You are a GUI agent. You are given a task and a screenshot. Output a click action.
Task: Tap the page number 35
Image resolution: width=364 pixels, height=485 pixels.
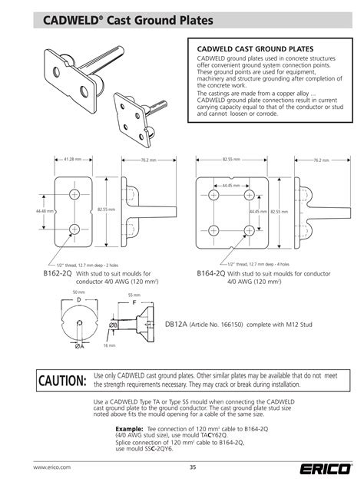[192, 467]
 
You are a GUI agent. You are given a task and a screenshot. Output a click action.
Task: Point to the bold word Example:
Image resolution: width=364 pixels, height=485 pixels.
[129, 427]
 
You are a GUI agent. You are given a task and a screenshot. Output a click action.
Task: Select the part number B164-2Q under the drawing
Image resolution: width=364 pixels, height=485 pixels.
[210, 273]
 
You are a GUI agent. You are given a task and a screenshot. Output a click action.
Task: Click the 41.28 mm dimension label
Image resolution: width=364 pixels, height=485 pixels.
[74, 159]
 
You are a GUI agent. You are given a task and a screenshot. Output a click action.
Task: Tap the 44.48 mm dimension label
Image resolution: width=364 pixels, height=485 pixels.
[43, 210]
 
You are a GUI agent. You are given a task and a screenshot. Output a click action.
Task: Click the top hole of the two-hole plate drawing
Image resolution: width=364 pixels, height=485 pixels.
[74, 193]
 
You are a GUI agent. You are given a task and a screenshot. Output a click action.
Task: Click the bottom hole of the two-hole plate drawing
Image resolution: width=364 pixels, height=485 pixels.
[74, 229]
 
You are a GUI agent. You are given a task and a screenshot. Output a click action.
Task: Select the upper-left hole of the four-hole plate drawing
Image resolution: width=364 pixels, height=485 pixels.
[212, 193]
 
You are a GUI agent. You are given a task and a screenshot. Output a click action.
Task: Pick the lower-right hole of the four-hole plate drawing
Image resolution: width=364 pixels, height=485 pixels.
[248, 229]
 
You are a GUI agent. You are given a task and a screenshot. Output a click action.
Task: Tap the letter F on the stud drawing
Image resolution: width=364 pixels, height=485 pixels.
[136, 303]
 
